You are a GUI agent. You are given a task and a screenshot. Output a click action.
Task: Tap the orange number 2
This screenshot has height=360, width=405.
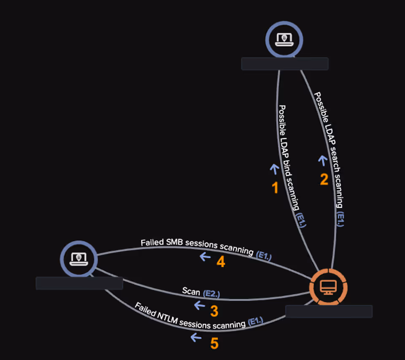[324, 180]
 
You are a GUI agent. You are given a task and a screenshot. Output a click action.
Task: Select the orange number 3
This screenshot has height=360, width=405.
[214, 312]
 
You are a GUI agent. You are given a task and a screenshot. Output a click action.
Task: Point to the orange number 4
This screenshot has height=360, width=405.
[221, 262]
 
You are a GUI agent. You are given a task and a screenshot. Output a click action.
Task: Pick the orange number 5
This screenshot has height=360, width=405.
[214, 344]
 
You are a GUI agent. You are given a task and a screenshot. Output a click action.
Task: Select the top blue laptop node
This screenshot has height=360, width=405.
[284, 39]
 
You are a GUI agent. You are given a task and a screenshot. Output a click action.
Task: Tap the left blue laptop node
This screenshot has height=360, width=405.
[79, 258]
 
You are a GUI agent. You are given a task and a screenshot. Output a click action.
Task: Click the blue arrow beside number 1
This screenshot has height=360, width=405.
[274, 169]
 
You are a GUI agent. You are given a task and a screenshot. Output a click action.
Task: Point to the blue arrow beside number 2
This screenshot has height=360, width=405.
[323, 161]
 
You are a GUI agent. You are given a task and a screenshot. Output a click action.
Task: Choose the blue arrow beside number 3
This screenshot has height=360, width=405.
[200, 305]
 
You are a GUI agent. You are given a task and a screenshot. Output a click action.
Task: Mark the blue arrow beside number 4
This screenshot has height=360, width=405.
[205, 256]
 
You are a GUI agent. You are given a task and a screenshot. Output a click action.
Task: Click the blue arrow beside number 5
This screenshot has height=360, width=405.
[196, 337]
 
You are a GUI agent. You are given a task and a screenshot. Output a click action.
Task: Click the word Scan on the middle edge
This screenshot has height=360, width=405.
[191, 291]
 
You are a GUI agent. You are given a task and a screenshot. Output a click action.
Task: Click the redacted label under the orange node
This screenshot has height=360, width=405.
[329, 311]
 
